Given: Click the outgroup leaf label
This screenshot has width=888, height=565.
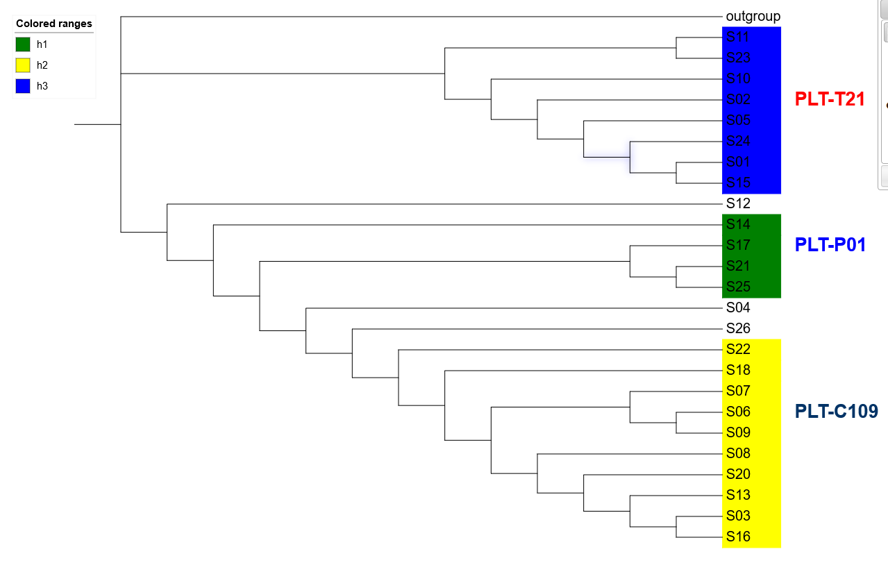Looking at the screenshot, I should click(x=753, y=16).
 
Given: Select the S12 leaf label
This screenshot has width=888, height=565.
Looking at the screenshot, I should click(x=738, y=203).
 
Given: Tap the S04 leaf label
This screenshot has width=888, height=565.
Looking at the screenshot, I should click(x=738, y=307).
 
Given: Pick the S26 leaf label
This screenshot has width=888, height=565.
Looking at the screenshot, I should click(x=738, y=328).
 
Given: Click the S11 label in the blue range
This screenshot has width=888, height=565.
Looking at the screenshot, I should click(x=738, y=37).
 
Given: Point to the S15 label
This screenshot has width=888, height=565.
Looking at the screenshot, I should click(x=738, y=183).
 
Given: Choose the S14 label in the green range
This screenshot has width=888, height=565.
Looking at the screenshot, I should click(x=738, y=224).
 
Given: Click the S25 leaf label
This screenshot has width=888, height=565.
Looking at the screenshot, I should click(x=738, y=287).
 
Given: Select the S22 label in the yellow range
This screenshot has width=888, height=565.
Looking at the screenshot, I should click(x=738, y=349).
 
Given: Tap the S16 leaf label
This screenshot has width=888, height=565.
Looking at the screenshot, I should click(x=738, y=537).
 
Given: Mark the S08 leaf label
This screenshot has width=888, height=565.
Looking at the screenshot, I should click(x=738, y=453).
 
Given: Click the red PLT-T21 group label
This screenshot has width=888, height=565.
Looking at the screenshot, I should click(x=830, y=99).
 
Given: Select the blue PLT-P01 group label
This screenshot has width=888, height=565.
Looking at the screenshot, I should click(x=830, y=245).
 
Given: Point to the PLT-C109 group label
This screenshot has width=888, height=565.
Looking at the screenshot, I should click(x=836, y=412).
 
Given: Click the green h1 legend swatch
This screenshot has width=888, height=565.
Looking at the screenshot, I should click(x=23, y=44).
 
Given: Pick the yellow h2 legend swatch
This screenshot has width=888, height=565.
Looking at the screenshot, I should click(x=23, y=65).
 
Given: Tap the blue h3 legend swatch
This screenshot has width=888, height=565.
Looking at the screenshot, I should click(x=23, y=86).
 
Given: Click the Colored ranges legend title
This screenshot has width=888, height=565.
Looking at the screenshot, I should click(x=54, y=24).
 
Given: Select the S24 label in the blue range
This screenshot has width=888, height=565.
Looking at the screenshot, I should click(x=738, y=141).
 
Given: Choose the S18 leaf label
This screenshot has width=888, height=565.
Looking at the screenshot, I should click(x=738, y=370).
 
